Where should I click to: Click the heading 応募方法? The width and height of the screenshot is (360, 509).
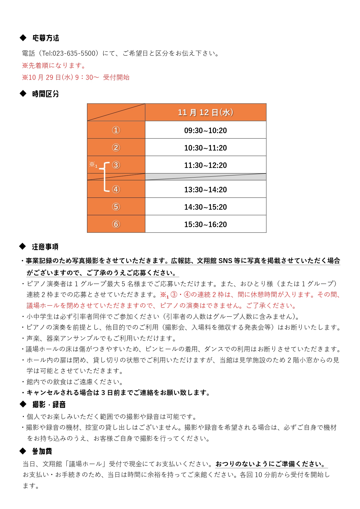pyautogui.click(x=46, y=38)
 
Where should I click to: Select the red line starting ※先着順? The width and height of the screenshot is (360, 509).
pyautogui.click(x=54, y=66)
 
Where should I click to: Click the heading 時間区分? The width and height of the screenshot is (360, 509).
pyautogui.click(x=46, y=94)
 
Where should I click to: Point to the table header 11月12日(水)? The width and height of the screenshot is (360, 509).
pyautogui.click(x=205, y=113)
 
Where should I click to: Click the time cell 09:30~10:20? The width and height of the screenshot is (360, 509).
pyautogui.click(x=205, y=131)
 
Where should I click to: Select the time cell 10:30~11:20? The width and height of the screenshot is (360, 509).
pyautogui.click(x=205, y=148)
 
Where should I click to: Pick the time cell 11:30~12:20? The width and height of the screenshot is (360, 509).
pyautogui.click(x=205, y=165)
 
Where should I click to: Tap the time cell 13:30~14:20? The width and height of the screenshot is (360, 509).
pyautogui.click(x=205, y=190)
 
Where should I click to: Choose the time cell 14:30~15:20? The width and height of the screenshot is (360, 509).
pyautogui.click(x=205, y=207)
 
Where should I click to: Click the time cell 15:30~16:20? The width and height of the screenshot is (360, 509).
pyautogui.click(x=205, y=224)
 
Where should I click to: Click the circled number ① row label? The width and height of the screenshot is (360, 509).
pyautogui.click(x=116, y=130)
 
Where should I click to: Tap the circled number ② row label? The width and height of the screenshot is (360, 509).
pyautogui.click(x=116, y=148)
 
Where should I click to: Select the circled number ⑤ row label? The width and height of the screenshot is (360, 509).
pyautogui.click(x=116, y=207)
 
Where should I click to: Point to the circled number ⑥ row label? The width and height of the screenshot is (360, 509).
pyautogui.click(x=116, y=224)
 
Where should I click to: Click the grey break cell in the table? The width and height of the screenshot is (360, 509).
pyautogui.click(x=205, y=177)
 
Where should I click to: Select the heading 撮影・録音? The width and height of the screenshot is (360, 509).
pyautogui.click(x=49, y=405)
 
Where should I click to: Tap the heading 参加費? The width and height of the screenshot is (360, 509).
pyautogui.click(x=42, y=451)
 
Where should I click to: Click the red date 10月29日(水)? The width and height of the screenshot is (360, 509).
pyautogui.click(x=50, y=77)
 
